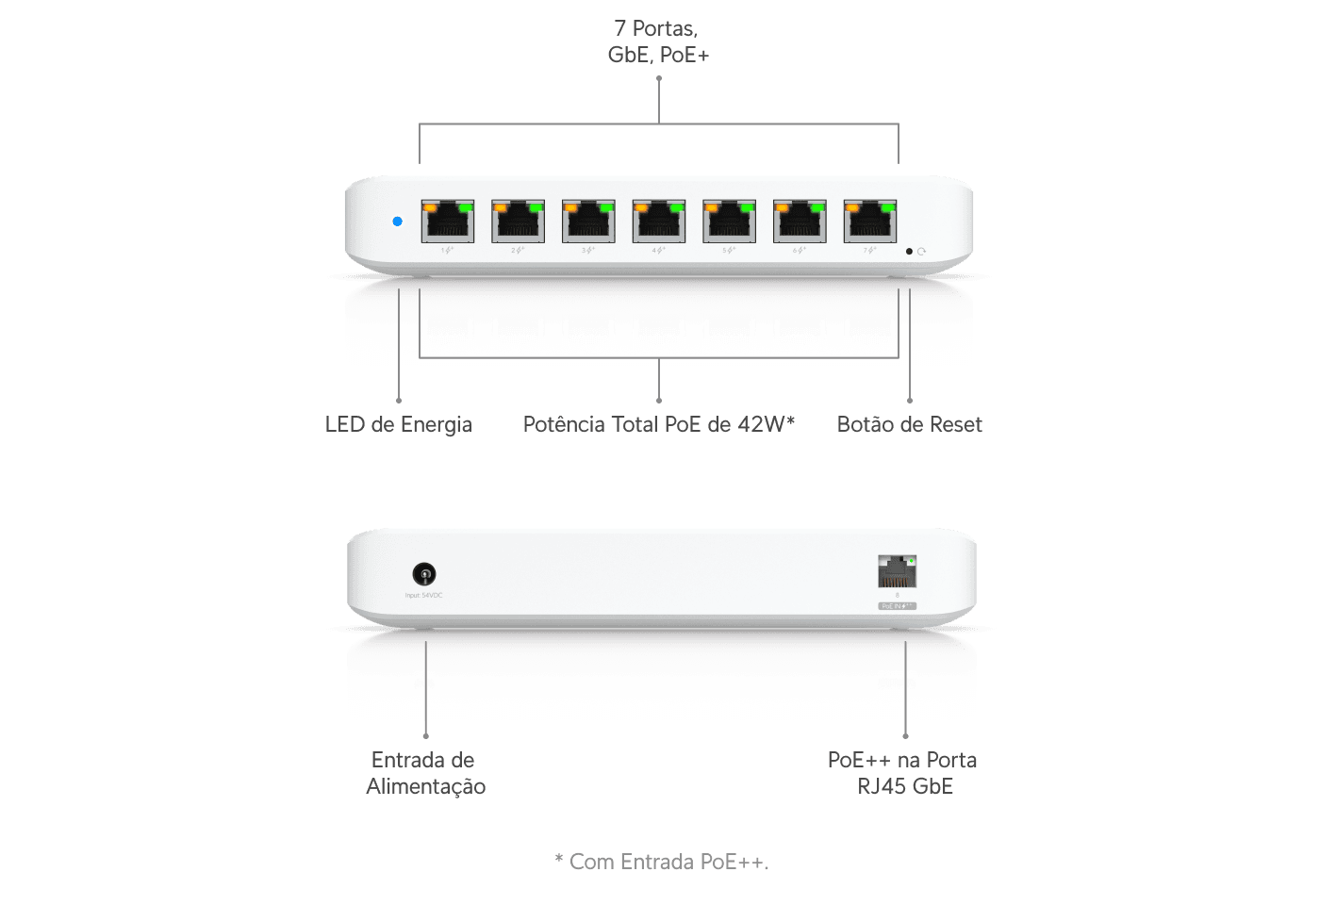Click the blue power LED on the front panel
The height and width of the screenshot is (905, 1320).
[x=397, y=222]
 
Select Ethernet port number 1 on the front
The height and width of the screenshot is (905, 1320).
[x=447, y=222]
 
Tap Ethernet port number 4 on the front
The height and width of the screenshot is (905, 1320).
[x=658, y=222]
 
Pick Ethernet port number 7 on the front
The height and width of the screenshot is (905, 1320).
[x=869, y=222]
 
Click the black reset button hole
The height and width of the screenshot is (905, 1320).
[x=909, y=252]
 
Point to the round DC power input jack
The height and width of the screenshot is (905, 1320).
[x=424, y=573]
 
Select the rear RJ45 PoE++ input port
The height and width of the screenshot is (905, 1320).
[x=897, y=572]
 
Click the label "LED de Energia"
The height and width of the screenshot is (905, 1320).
[x=398, y=424]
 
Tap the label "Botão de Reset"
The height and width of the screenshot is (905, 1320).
[x=909, y=424]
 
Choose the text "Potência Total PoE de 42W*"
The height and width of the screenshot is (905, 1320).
[x=658, y=424]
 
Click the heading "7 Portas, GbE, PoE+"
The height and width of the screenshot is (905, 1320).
[x=658, y=42]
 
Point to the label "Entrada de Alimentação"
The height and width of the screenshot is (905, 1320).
[x=425, y=773]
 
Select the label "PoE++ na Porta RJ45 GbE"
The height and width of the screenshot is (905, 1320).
[x=903, y=773]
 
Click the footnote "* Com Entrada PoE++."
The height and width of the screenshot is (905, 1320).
[x=662, y=862]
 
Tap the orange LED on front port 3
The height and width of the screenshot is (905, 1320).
[x=571, y=206]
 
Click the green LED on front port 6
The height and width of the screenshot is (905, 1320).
[x=817, y=206]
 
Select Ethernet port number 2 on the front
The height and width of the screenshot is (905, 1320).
[x=518, y=222]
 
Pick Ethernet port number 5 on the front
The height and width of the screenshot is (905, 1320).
[x=729, y=222]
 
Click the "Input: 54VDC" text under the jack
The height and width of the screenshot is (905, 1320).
[x=423, y=596]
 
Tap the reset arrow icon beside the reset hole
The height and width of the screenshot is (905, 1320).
[x=921, y=252]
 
